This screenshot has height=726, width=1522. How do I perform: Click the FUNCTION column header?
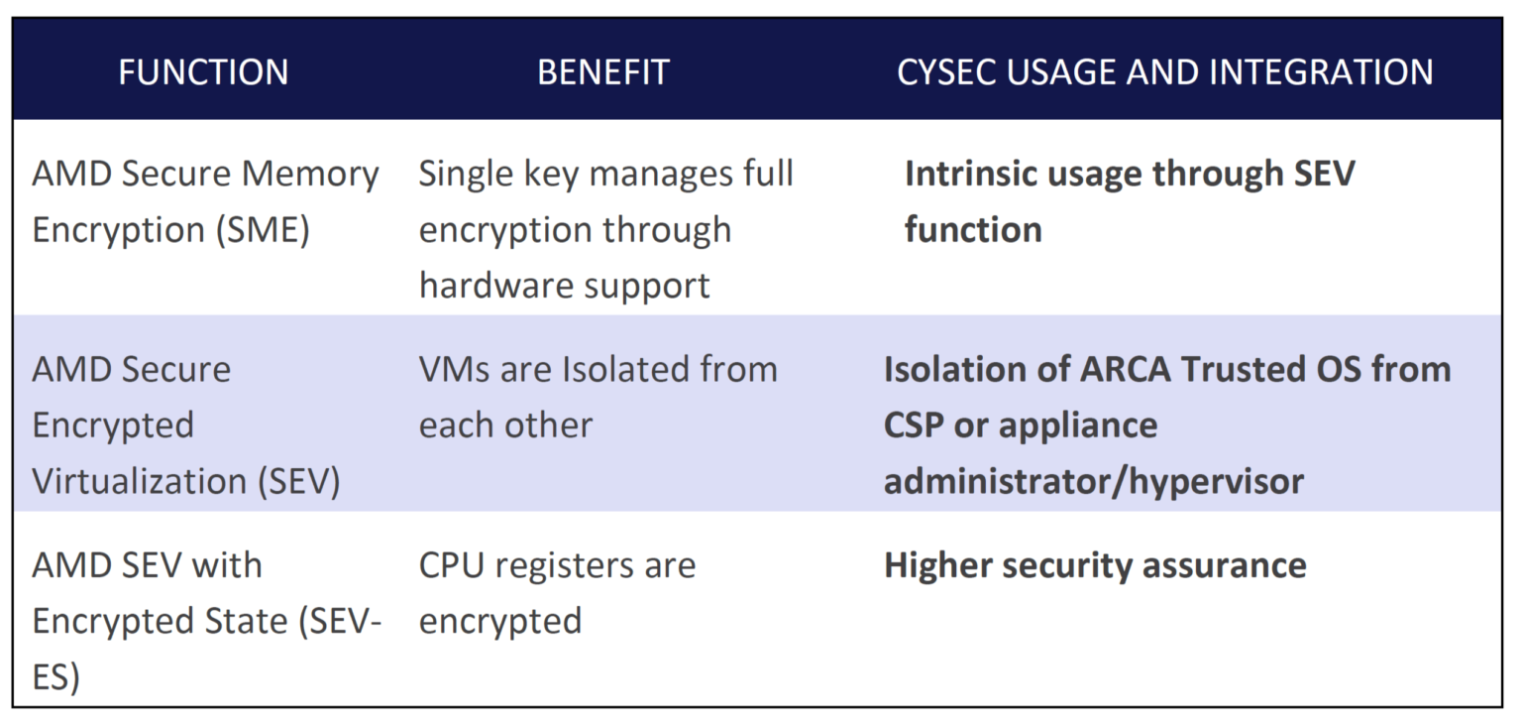(203, 72)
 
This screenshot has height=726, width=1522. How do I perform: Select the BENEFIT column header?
(602, 72)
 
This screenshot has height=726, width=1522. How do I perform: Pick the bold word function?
(972, 230)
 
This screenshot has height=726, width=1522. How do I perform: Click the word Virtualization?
(139, 481)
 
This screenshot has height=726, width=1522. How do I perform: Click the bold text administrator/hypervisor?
(1093, 481)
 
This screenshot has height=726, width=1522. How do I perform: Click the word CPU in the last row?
(452, 565)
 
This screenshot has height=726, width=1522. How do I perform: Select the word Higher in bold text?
(937, 566)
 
